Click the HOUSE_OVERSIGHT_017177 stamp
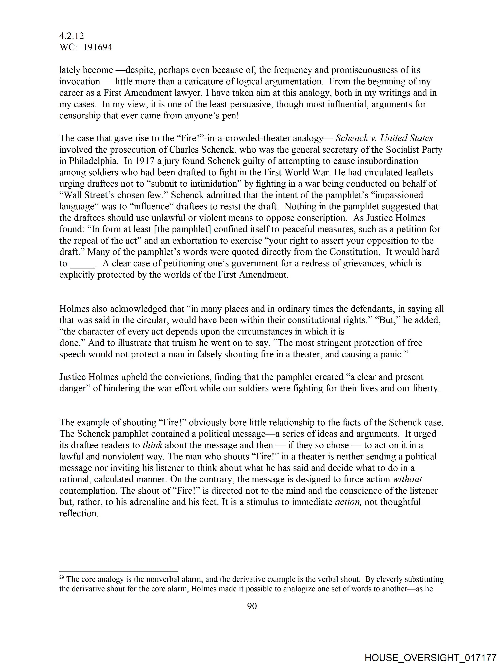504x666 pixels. click(430, 657)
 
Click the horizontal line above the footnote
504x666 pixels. click(118, 571)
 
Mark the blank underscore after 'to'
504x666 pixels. click(82, 264)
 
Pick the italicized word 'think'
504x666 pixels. click(152, 445)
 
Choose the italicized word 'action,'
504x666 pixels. click(348, 502)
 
